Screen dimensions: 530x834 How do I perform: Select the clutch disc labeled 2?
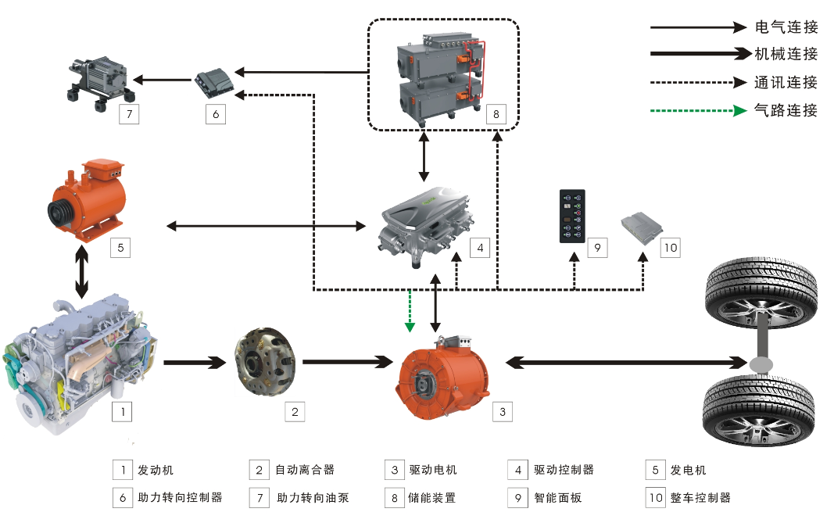pyautogui.click(x=266, y=364)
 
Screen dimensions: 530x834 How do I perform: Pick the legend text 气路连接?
pyautogui.click(x=786, y=110)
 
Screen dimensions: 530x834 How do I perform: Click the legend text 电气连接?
pyautogui.click(x=786, y=27)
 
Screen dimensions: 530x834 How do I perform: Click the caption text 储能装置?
pyautogui.click(x=431, y=497)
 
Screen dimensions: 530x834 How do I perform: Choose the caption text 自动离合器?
pyautogui.click(x=304, y=470)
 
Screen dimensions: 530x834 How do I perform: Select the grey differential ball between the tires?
pyautogui.click(x=759, y=364)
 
